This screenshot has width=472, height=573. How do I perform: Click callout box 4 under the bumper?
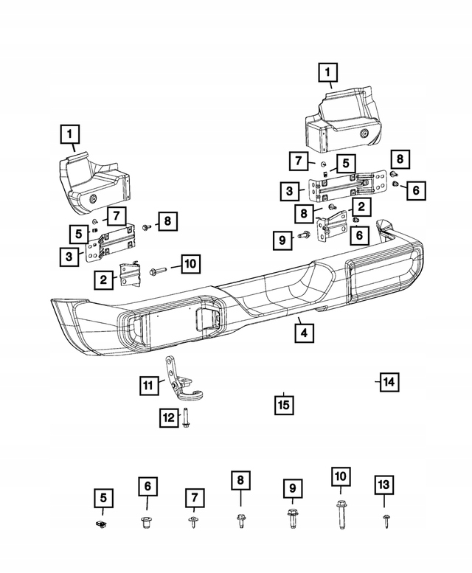coord(305,333)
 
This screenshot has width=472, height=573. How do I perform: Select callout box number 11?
coord(149,385)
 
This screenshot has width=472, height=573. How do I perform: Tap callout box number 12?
coord(169,417)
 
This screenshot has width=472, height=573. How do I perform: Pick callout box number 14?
coord(389,382)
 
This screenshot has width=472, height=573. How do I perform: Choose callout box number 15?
coord(284,406)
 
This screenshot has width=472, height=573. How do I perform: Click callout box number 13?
coord(383,485)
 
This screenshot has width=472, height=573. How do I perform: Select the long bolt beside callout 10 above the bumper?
coord(158,271)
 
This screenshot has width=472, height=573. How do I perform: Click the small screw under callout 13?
coord(386,521)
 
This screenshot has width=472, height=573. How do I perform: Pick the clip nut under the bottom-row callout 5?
coord(101,524)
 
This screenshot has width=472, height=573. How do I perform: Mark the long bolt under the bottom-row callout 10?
coord(341,514)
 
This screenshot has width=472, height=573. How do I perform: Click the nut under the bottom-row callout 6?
coord(147,522)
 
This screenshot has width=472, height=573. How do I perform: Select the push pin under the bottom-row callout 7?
coord(193,522)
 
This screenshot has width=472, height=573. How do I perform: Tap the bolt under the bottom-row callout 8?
coord(240,521)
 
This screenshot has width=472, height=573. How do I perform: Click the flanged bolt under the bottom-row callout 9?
coord(292,518)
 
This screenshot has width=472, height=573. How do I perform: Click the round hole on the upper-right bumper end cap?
coord(365,133)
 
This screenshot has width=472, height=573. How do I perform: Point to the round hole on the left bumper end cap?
coord(93,200)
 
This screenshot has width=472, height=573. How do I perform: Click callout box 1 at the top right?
coord(327,72)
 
